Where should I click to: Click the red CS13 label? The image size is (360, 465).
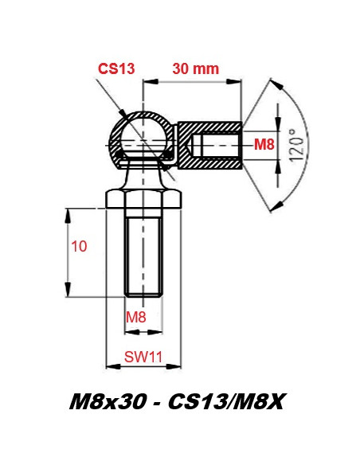[116, 68]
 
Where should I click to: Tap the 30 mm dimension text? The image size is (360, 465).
[196, 68]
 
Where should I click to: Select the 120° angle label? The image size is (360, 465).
[296, 146]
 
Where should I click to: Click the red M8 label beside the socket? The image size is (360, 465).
[264, 145]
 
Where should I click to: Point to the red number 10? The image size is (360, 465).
[79, 247]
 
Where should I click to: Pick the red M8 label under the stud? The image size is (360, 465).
[136, 317]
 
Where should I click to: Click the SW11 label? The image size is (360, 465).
[143, 357]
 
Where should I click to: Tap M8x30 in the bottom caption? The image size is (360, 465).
[108, 402]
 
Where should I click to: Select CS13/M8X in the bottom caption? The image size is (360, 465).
[225, 402]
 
